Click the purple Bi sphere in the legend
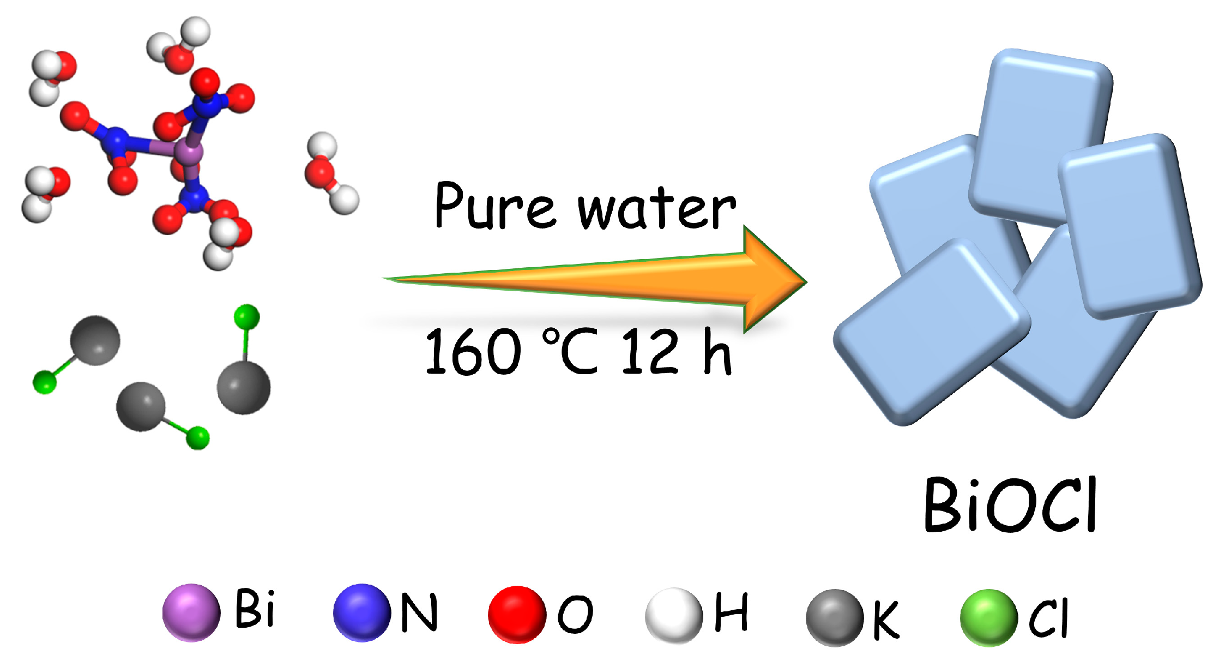point(191,612)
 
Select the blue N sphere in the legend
point(362,612)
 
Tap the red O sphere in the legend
point(517,614)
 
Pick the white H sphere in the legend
point(674,615)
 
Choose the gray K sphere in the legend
point(835,617)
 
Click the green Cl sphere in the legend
point(988,617)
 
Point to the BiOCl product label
point(1010,504)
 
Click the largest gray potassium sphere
point(244,388)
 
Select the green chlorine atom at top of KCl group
point(246,317)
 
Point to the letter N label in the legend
point(419,612)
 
